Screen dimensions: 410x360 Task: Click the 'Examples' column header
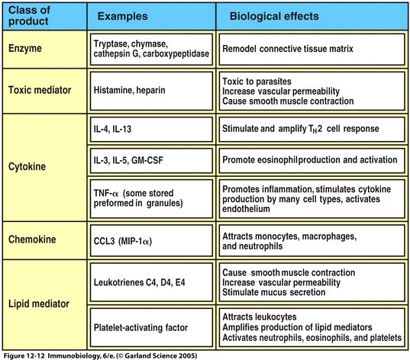[x=122, y=17]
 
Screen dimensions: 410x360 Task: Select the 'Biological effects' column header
[x=274, y=16]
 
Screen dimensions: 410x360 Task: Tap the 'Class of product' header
[x=29, y=16]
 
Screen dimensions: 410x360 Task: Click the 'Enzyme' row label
[x=25, y=49]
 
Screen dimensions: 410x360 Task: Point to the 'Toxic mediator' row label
[x=40, y=90]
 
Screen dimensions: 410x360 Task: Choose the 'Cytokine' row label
[x=27, y=167]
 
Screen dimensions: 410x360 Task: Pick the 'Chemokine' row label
[x=32, y=239]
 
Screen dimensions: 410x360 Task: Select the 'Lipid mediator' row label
[x=39, y=304]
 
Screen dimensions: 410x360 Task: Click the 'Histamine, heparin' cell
[x=151, y=91]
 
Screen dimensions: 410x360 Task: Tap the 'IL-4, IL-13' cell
[x=151, y=130]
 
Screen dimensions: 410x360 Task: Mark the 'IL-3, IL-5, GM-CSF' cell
[x=151, y=160]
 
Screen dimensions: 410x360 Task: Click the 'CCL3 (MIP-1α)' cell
[x=151, y=240]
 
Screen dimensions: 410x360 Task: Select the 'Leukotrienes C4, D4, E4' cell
[x=151, y=282]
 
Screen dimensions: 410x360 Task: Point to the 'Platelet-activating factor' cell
[x=151, y=328]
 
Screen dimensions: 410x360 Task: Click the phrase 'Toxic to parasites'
[x=257, y=82]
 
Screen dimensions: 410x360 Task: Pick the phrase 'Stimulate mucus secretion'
[x=274, y=292]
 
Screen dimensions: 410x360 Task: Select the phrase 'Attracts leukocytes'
[x=260, y=317]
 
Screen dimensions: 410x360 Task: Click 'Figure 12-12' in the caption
[x=24, y=356]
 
